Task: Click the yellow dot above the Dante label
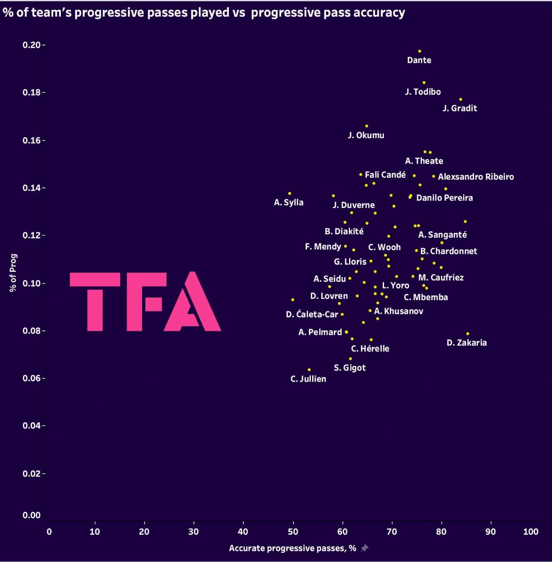(x=419, y=51)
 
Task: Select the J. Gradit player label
(x=460, y=108)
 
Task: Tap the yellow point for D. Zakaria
(x=468, y=334)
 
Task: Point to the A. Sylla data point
(x=290, y=193)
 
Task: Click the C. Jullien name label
(x=308, y=379)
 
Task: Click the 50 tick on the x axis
(x=293, y=531)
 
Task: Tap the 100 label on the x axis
(x=531, y=531)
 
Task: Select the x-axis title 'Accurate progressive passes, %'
(x=293, y=548)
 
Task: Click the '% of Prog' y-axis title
(x=14, y=272)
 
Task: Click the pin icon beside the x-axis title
(x=364, y=548)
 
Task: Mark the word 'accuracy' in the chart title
(x=381, y=13)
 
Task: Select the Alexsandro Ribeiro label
(x=476, y=177)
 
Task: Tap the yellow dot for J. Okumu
(x=367, y=126)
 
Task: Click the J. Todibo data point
(x=424, y=82)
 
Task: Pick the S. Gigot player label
(x=350, y=368)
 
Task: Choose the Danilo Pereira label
(x=444, y=198)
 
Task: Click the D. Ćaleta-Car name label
(x=312, y=315)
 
